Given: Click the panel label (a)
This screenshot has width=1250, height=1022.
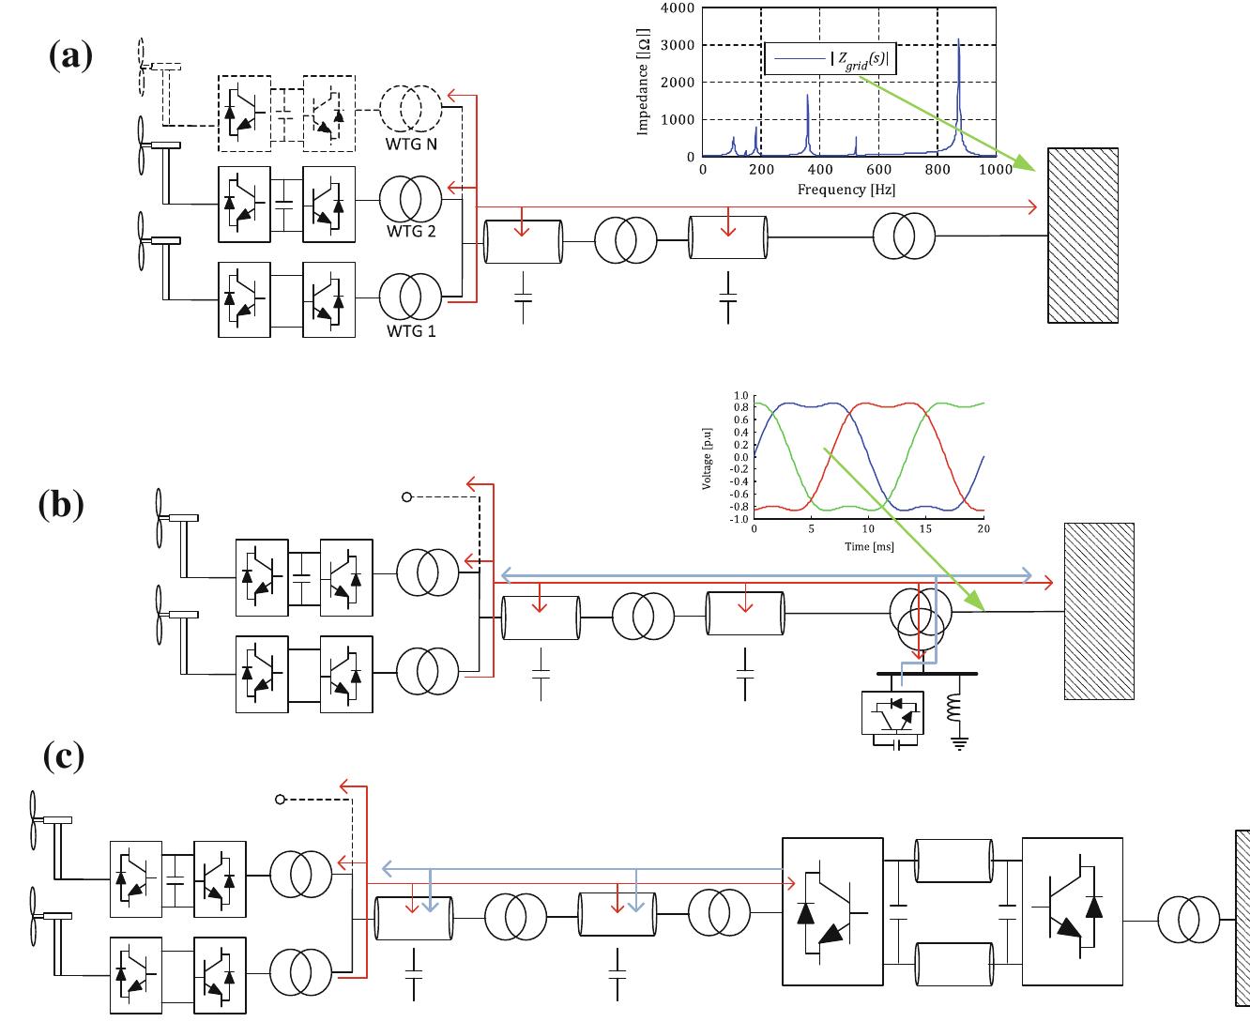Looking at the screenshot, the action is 70,55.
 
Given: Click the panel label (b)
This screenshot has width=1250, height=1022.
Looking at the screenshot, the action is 61,505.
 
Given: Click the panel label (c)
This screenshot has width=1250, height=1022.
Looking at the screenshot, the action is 64,757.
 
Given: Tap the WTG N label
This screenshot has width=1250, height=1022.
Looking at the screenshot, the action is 411,144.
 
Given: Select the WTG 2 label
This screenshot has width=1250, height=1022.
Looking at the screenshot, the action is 411,231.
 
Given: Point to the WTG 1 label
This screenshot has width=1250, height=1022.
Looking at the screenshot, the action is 411,331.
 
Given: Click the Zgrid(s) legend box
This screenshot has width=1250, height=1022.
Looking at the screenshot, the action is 830,59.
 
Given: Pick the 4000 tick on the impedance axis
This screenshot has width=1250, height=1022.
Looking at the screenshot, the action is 678,8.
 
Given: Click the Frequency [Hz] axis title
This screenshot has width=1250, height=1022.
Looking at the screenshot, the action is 846,190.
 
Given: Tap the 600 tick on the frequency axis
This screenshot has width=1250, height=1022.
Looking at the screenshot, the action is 878,170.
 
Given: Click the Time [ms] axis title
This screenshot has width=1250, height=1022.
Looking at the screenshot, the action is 869,546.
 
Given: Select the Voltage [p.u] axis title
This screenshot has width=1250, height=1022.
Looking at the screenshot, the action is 707,459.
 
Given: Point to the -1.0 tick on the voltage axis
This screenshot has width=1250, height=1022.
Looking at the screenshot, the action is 740,519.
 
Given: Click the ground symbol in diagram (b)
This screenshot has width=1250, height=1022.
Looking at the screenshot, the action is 959,742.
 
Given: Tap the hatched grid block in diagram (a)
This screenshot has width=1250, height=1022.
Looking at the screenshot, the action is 1083,236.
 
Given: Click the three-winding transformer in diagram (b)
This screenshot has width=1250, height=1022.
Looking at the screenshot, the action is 921,622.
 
